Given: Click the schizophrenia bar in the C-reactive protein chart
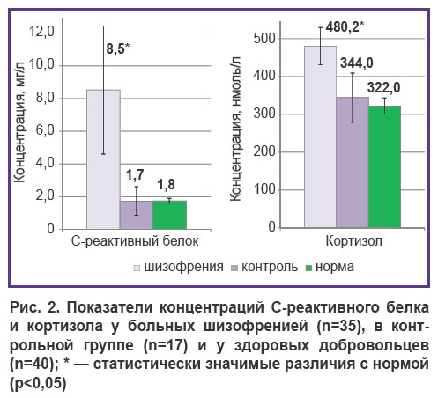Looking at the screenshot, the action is (x=103, y=159).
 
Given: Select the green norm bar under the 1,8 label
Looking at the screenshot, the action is (x=170, y=215).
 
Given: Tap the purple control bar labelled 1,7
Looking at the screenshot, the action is (x=137, y=215).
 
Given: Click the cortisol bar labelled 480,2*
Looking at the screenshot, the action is (x=320, y=136).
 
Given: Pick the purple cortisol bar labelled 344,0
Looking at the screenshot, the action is (x=353, y=162).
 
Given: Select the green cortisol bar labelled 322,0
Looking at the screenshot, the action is (x=384, y=166).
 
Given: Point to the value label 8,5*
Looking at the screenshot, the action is (x=118, y=48).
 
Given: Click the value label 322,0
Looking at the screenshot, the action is (x=383, y=88).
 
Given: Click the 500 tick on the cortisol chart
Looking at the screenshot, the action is (x=264, y=39).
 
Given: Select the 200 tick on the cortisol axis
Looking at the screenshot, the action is (x=264, y=151).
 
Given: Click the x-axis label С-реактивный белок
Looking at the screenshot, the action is (x=135, y=241).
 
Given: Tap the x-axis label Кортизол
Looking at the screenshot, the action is (x=354, y=241).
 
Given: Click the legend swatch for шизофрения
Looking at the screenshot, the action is (x=137, y=268).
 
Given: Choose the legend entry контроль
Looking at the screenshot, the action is (x=265, y=267).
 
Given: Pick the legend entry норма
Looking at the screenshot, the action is (x=330, y=267).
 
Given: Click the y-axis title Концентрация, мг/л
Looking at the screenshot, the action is (x=19, y=122).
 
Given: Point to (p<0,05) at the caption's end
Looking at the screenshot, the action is (x=38, y=383).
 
